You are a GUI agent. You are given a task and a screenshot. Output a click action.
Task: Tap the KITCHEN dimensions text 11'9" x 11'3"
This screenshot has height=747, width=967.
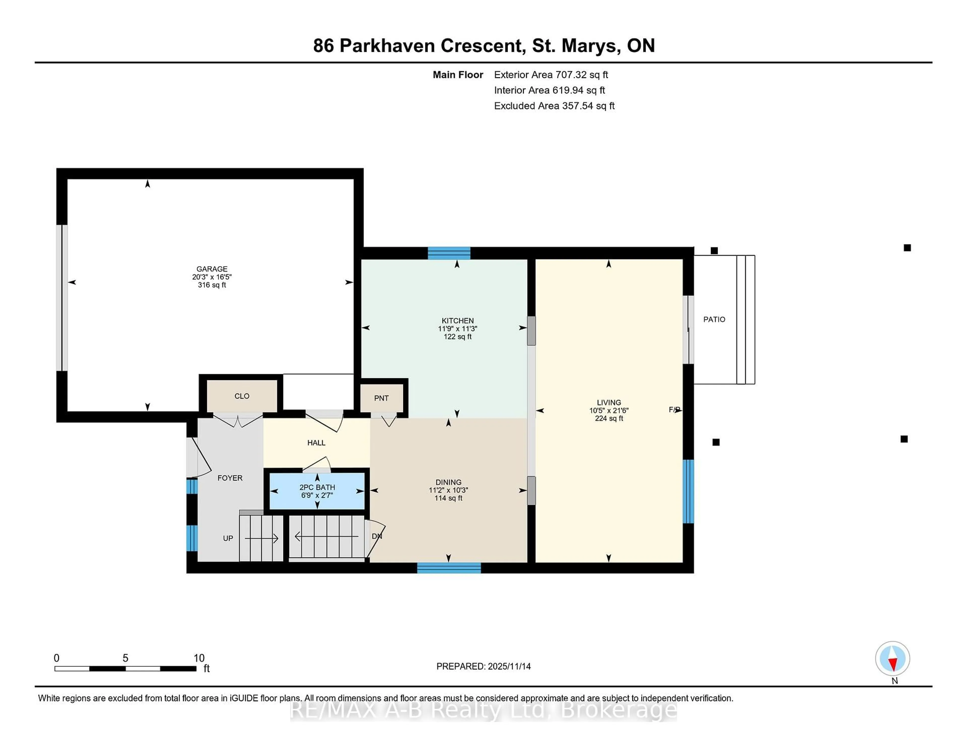(457, 329)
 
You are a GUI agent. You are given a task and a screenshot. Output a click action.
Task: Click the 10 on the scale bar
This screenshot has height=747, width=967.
(199, 658)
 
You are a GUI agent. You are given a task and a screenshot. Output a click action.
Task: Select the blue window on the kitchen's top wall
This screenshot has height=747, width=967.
(448, 253)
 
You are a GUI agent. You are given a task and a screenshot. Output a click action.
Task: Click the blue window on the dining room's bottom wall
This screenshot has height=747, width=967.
(448, 568)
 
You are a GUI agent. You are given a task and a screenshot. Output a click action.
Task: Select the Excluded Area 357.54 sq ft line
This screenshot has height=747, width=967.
(554, 106)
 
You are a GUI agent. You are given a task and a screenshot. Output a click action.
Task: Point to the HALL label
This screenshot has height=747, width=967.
(316, 442)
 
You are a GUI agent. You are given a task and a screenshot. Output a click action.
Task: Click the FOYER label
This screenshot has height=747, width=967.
(230, 478)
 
